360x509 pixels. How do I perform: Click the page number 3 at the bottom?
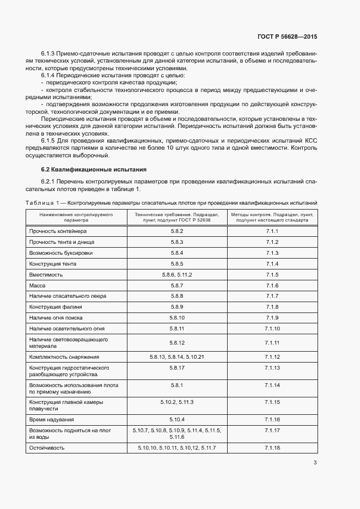click(315, 463)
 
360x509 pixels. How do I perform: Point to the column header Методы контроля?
click(272, 218)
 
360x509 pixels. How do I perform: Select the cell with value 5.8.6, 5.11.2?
click(177, 275)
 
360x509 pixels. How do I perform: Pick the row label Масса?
click(38, 286)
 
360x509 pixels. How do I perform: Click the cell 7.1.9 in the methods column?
click(272, 318)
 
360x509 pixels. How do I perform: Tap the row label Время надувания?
click(52, 420)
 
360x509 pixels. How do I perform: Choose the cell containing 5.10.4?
click(177, 420)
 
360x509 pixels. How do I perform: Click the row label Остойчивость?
click(47, 447)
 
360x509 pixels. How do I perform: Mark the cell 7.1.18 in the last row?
click(272, 447)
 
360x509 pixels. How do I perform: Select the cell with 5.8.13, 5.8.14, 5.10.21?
click(177, 357)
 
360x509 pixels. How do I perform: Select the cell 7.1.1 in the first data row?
click(272, 231)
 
